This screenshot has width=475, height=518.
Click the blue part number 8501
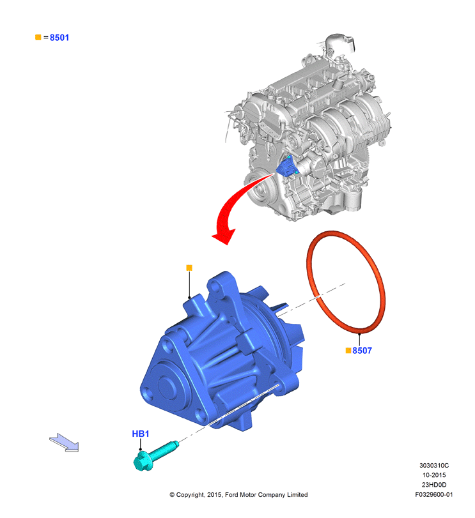59,38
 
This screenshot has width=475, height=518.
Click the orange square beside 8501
38,37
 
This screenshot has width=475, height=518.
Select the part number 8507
362,351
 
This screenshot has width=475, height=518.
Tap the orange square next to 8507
348,351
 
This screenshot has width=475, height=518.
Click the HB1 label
141,434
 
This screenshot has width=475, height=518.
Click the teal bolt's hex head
143,461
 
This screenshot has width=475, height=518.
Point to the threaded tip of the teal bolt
176,444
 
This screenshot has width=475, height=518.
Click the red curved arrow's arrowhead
224,236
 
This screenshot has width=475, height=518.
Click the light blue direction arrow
65,442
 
